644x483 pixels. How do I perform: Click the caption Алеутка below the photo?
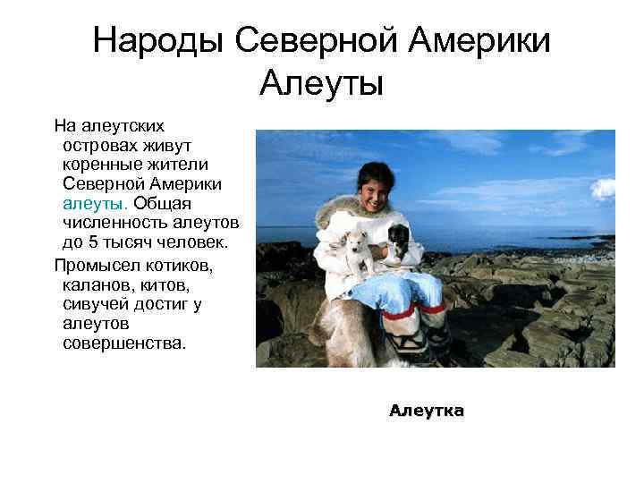(x=426, y=411)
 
